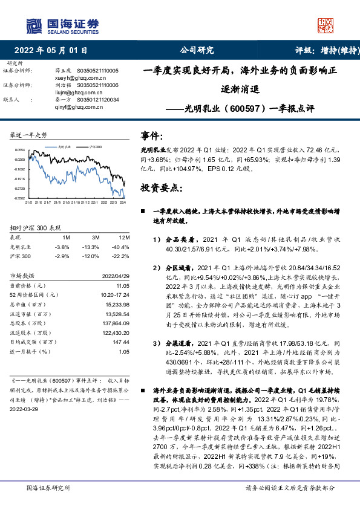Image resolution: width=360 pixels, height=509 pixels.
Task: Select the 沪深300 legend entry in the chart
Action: [94, 147]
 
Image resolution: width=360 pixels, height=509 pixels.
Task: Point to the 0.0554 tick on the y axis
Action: [19, 149]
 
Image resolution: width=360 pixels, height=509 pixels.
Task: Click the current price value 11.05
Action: [123, 284]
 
